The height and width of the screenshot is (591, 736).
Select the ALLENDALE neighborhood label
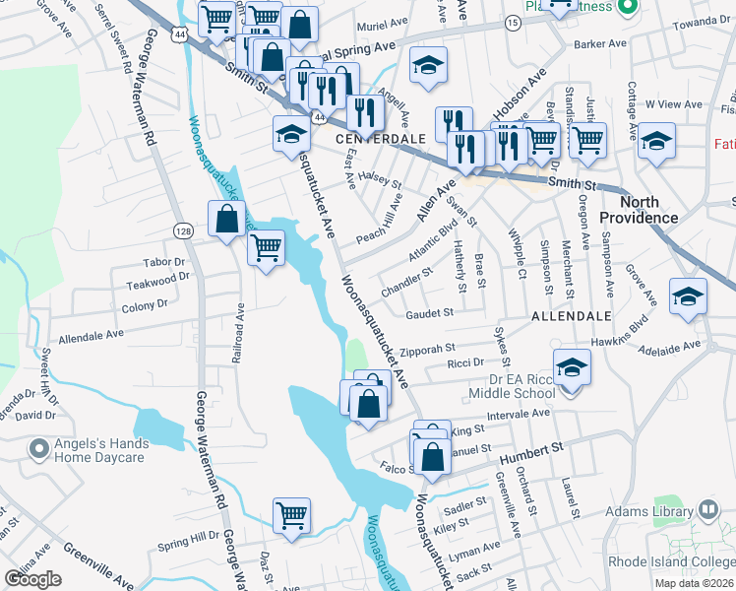(x=572, y=317)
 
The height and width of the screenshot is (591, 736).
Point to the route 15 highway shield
(x=513, y=21)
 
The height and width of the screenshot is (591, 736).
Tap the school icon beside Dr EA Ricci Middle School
(x=572, y=368)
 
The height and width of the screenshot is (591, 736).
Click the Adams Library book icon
(x=708, y=509)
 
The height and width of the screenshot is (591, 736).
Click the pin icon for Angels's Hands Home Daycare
(x=39, y=450)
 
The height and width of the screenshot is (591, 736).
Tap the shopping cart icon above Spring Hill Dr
(x=292, y=515)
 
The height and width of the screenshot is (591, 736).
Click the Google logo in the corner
(x=33, y=579)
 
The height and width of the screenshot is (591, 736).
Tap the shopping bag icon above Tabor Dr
(x=226, y=220)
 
